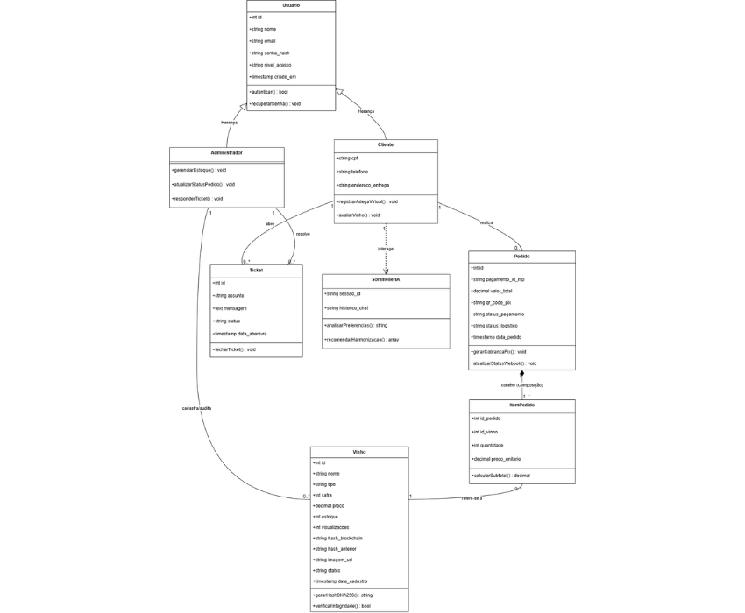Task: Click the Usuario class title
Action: (x=291, y=6)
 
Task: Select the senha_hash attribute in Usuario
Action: (x=271, y=53)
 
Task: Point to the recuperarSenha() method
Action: (x=276, y=103)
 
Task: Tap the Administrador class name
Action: (x=226, y=153)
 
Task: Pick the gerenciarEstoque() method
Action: (x=200, y=170)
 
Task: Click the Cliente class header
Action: (x=386, y=144)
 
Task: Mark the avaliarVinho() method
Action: (x=358, y=215)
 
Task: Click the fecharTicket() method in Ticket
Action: (x=235, y=349)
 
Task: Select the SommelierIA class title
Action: (x=386, y=280)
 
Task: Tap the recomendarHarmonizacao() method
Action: (x=362, y=339)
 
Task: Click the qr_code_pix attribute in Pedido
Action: (x=492, y=302)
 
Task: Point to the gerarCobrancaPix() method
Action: (x=499, y=351)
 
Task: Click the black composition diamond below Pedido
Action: (x=521, y=374)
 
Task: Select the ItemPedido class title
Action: (x=521, y=405)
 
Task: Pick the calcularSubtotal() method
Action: (x=500, y=476)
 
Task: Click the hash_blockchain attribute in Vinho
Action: (x=338, y=538)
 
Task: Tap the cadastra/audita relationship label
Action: (x=196, y=408)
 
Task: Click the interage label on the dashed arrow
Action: (x=386, y=249)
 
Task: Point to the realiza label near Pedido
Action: (x=486, y=223)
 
